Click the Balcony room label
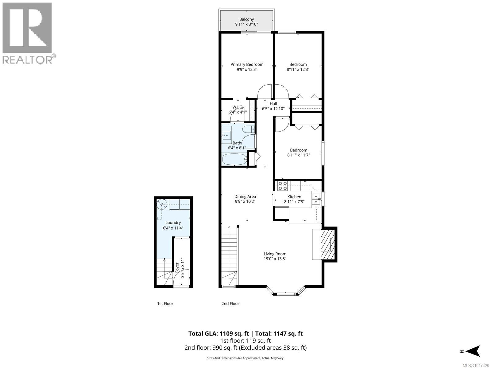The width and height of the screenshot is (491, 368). tap(246, 19)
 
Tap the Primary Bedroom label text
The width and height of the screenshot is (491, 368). tap(247, 65)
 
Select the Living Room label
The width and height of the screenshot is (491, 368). tap(275, 254)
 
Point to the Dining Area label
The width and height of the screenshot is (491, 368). tap(245, 197)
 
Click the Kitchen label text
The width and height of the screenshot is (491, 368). tap(294, 197)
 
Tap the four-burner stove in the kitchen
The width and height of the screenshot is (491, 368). tap(283, 186)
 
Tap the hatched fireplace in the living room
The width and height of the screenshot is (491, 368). tap(327, 244)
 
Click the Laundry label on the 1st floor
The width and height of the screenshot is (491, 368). tap(173, 223)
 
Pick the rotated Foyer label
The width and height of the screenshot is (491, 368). tap(177, 267)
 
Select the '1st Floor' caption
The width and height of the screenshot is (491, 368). tap(165, 304)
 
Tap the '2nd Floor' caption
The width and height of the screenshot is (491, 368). tap(230, 304)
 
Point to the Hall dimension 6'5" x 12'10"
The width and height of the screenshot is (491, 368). tap(273, 109)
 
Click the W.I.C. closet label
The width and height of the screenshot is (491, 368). tap(238, 107)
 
